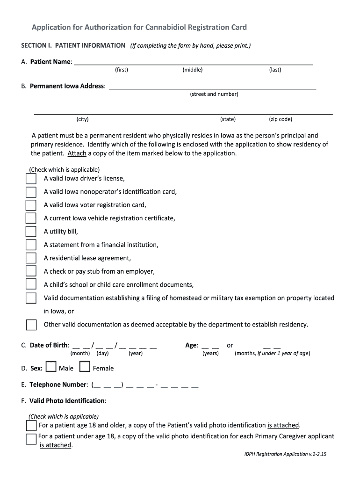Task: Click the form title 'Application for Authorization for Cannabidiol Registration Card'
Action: point(138,27)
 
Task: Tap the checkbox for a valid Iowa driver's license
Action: point(31,179)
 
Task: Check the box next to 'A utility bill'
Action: point(31,232)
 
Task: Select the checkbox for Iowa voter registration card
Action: point(31,205)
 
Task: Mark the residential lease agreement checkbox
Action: point(31,258)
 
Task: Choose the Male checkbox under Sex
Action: point(51,368)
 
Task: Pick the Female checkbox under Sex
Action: point(85,368)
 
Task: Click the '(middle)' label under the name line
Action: point(193,70)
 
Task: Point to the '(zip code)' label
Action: point(281,119)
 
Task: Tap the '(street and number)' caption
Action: point(214,94)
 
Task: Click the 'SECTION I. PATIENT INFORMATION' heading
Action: point(73,45)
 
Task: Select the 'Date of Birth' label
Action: point(49,345)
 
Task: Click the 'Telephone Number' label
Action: point(58,385)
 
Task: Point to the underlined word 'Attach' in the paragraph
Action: point(77,153)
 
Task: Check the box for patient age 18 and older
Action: point(31,425)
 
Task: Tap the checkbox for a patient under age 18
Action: point(31,439)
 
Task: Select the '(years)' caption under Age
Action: point(210,353)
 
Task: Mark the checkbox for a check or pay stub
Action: point(31,271)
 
